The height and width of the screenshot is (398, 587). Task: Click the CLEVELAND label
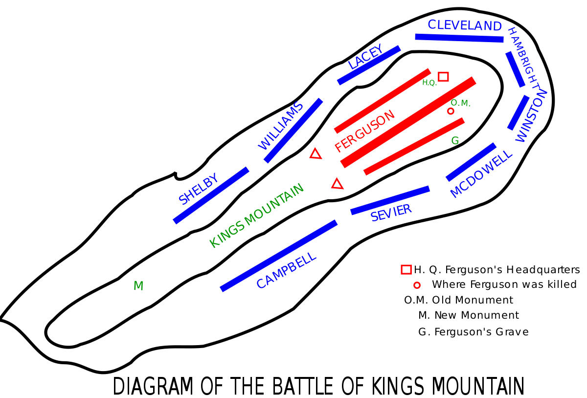464,25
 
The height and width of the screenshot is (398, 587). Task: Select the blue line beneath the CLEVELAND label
459,38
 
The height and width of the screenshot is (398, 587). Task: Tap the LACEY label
365,57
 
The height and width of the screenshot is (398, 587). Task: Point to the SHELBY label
199,188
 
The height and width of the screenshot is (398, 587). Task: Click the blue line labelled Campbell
279,256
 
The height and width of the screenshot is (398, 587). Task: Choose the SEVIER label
391,213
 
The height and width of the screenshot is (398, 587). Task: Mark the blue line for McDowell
471,162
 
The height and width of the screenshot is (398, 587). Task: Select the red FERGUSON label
364,131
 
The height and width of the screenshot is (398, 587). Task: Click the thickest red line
408,122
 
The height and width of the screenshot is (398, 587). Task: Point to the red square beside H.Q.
443,76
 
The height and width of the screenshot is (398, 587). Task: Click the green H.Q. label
429,83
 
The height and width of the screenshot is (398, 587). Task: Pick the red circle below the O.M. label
451,111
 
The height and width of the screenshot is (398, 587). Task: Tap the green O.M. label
460,103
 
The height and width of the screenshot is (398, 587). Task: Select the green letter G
455,141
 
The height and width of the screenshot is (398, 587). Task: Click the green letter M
138,286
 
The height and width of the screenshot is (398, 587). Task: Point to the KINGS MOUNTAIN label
256,215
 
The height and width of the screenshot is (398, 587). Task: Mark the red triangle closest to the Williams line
316,154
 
